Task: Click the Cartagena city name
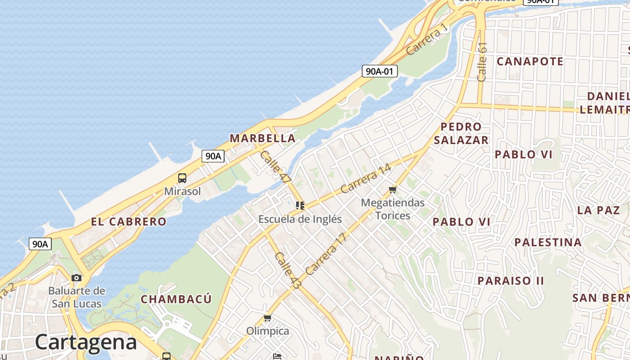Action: point(85,342)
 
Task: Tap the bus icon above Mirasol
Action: point(182,178)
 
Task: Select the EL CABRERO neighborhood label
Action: point(129,221)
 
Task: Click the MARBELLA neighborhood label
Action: point(263,138)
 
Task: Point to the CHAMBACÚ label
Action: point(176,299)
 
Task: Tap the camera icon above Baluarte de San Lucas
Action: point(76,278)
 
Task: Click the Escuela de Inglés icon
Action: point(300,206)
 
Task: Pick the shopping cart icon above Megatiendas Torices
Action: point(393,189)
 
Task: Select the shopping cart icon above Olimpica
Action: point(268,318)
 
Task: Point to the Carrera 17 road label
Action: point(327,254)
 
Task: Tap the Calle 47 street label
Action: point(276,166)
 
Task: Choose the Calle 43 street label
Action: point(288,271)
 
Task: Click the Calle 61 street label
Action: point(482,62)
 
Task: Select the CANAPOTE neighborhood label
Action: point(530,61)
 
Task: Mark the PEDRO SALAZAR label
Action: point(461,133)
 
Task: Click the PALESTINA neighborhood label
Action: point(548,243)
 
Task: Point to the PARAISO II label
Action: point(511,281)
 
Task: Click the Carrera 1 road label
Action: point(427,39)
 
